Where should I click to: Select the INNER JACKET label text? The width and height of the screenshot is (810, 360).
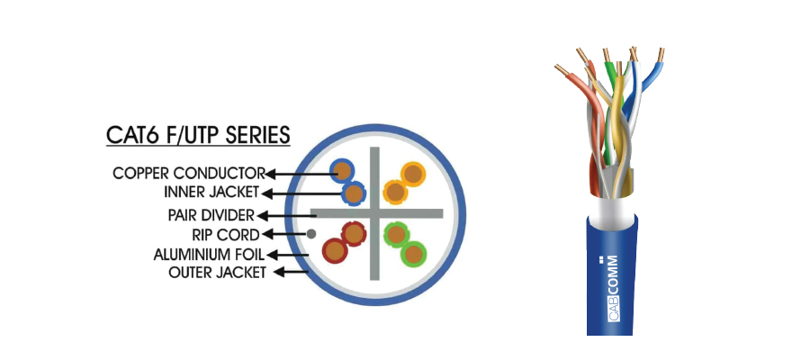(211, 192)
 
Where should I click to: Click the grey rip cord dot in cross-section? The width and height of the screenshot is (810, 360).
(311, 234)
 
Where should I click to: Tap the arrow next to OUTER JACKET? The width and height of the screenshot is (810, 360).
(290, 271)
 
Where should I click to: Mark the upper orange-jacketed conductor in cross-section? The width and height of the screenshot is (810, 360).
(413, 173)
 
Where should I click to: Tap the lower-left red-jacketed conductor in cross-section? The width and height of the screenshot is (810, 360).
(336, 248)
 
